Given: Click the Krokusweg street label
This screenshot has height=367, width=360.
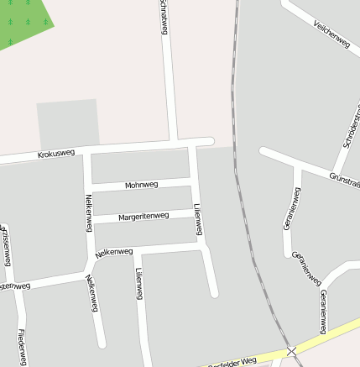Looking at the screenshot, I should (56, 154).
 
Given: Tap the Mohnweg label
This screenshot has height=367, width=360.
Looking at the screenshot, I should (141, 185).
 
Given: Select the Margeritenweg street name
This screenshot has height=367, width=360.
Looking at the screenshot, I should (143, 216).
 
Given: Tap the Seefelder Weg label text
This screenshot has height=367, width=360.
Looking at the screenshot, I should (231, 362).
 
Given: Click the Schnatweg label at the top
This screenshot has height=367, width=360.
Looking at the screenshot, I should (163, 17).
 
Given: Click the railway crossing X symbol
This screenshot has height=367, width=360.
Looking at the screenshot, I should (291, 351).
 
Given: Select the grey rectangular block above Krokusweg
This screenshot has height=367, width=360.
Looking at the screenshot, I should (67, 124).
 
